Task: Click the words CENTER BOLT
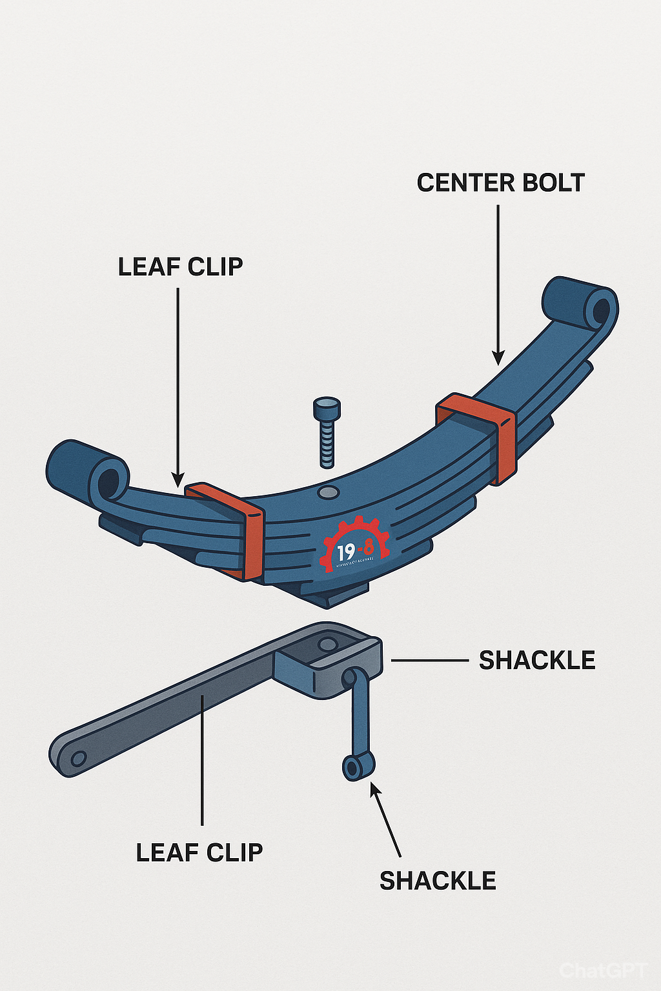[x=500, y=183]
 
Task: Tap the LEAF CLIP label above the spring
[x=180, y=266]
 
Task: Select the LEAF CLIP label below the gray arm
[x=199, y=853]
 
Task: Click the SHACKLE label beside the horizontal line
[x=537, y=661]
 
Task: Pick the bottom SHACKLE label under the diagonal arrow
[x=438, y=881]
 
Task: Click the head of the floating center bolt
[x=327, y=408]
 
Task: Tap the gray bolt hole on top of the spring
[x=328, y=493]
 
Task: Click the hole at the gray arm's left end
[x=78, y=758]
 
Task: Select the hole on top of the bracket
[x=327, y=644]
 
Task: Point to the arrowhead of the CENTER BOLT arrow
[x=498, y=359]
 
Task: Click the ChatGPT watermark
[x=602, y=970]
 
